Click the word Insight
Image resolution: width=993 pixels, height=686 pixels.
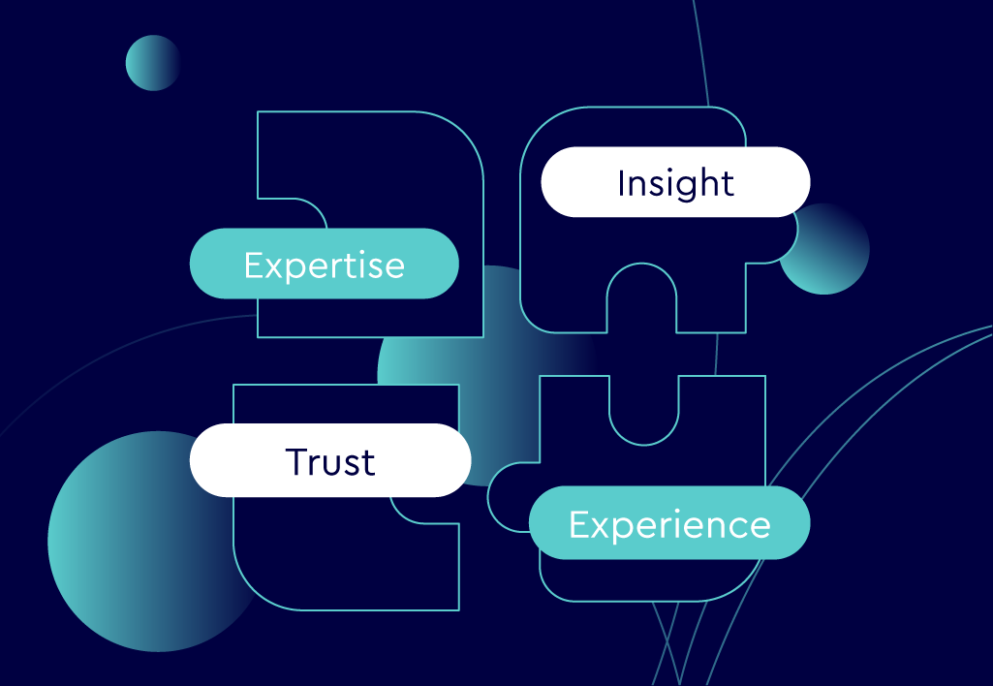[x=675, y=183]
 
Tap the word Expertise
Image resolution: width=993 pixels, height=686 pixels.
[x=324, y=265]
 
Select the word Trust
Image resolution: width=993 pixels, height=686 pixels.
[x=330, y=462]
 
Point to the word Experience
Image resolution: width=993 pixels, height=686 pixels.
[x=669, y=524]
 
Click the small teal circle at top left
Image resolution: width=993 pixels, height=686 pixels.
[x=152, y=63]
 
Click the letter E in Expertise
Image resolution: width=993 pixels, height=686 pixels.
[x=254, y=265]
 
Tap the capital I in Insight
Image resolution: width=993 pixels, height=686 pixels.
[x=621, y=183]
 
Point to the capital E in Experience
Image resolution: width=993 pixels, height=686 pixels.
[x=579, y=524]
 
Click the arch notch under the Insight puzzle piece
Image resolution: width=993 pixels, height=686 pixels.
[x=640, y=300]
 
